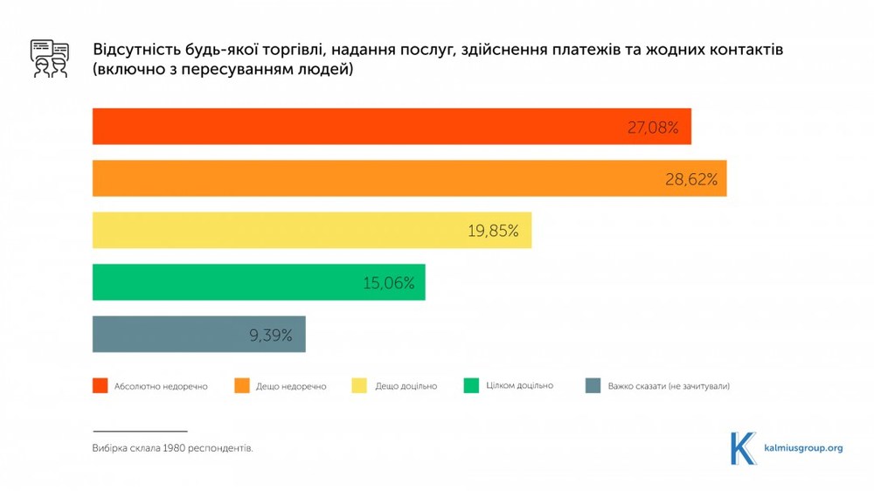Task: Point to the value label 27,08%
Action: [x=653, y=128]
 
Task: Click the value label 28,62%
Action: [x=690, y=180]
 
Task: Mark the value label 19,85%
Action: [x=494, y=232]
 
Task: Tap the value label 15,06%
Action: [x=389, y=284]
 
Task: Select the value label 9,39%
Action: [x=270, y=335]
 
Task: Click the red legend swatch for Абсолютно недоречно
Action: [x=101, y=385]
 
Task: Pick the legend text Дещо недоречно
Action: [x=291, y=386]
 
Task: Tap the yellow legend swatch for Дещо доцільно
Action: [x=358, y=385]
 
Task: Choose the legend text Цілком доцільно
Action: [x=519, y=385]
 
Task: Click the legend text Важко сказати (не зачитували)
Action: [x=669, y=386]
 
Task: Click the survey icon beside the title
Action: [x=49, y=59]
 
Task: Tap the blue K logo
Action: [x=743, y=447]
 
